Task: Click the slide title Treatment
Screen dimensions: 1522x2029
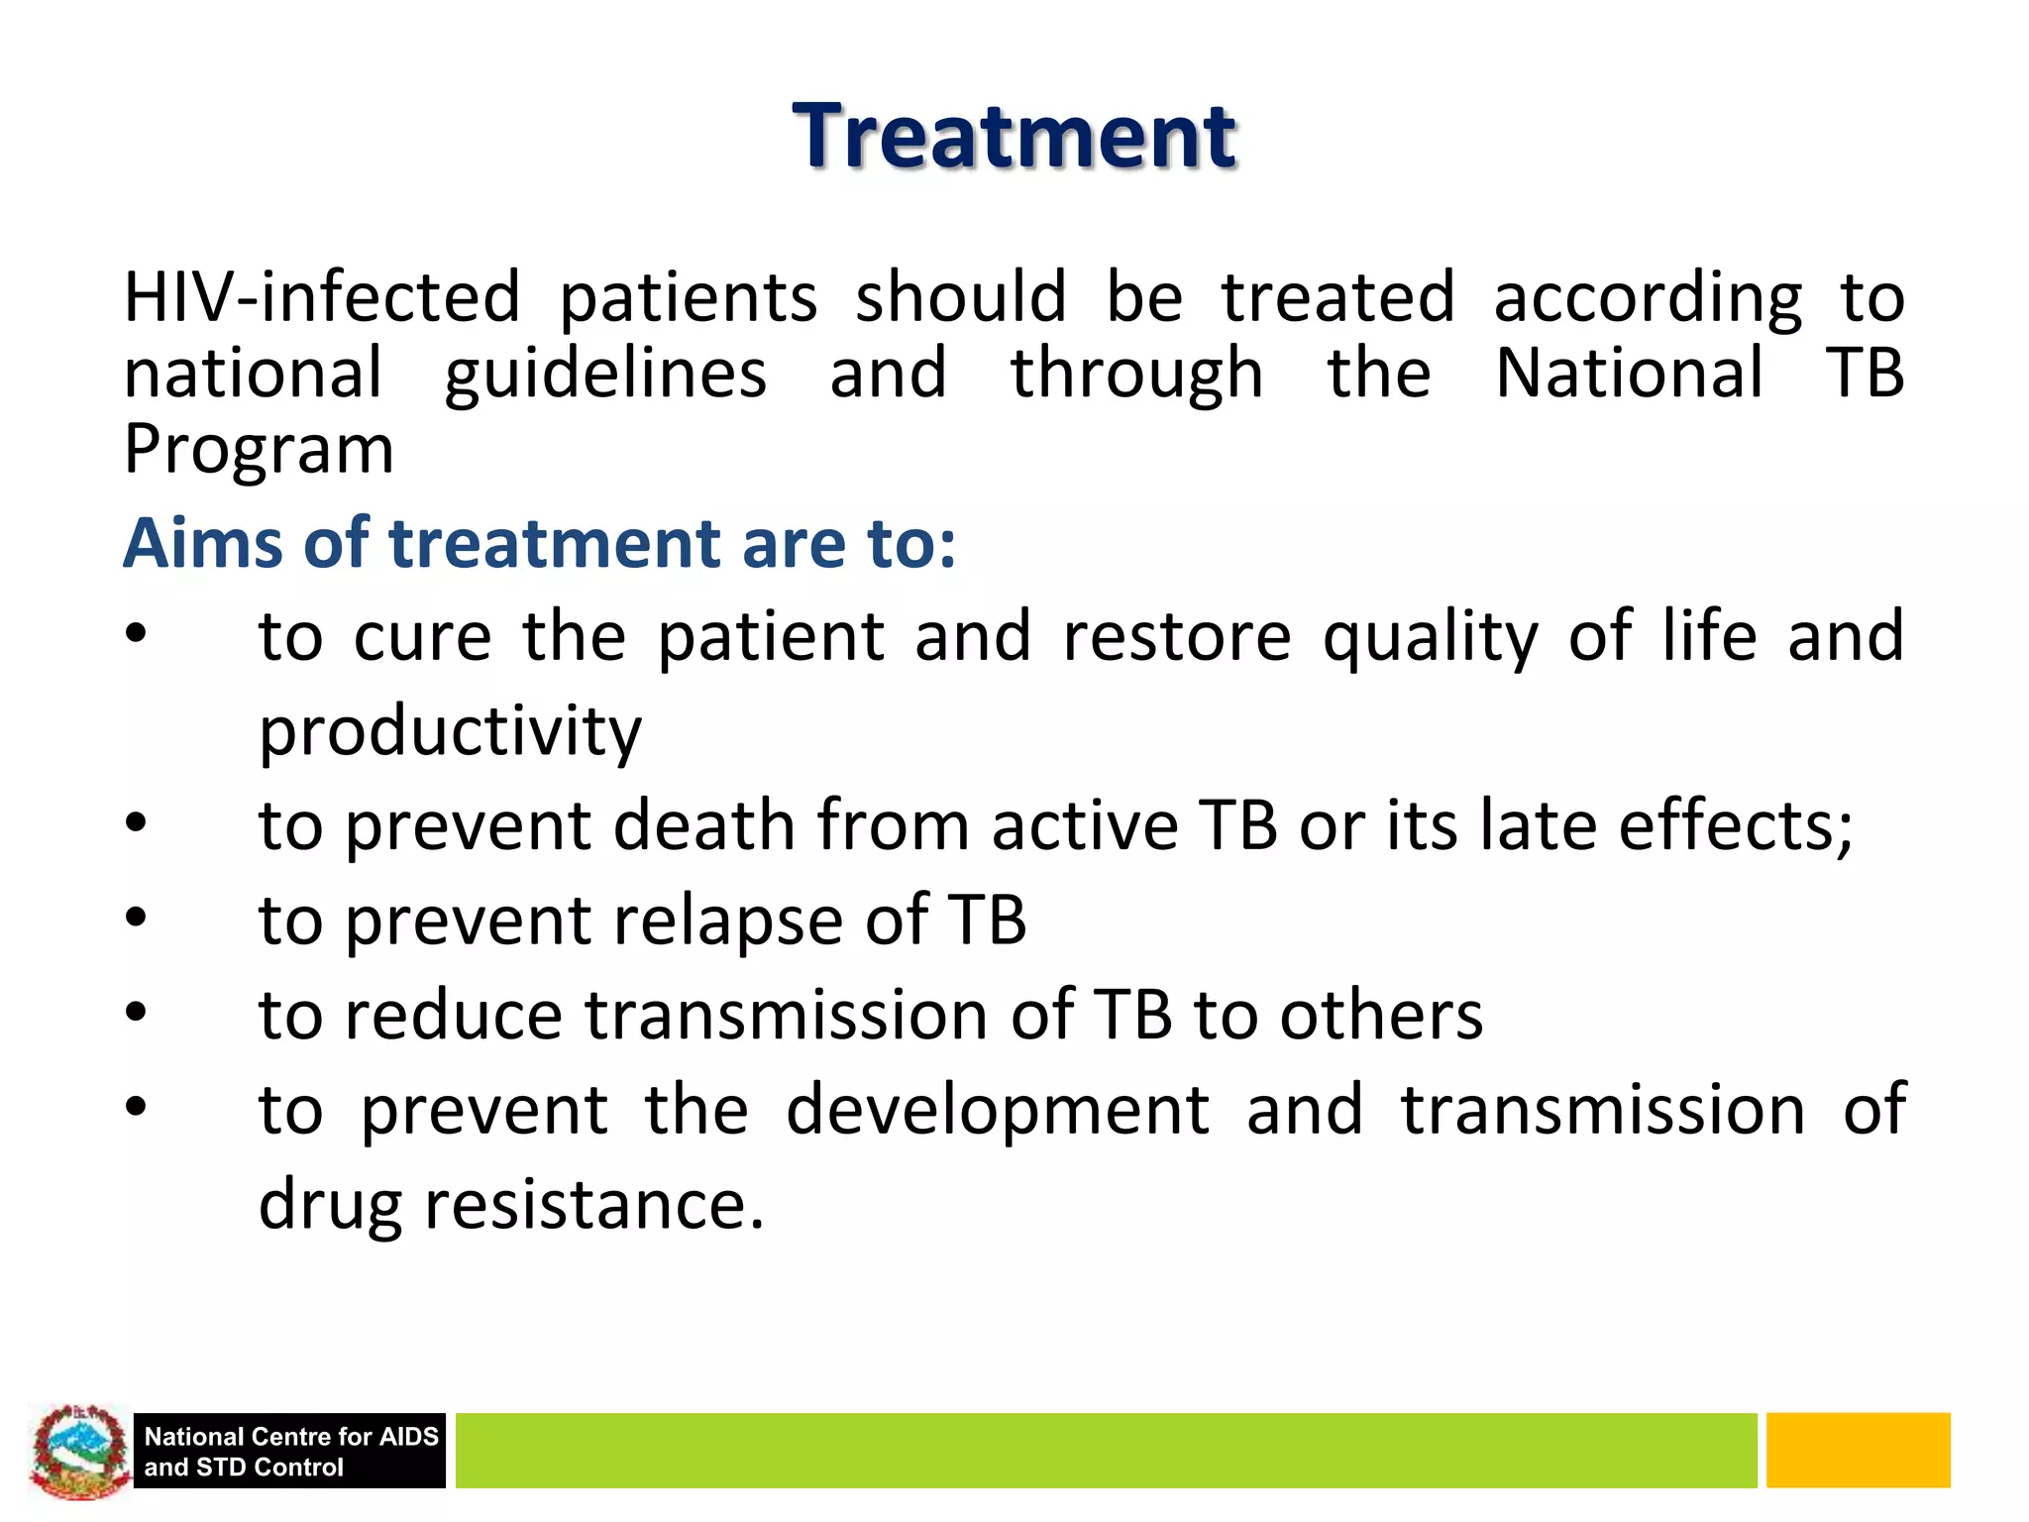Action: point(1014,136)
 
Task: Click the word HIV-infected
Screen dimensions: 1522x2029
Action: point(322,296)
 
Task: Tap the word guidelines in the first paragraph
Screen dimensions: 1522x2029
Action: point(605,374)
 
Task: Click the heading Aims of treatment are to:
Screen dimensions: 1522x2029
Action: point(540,544)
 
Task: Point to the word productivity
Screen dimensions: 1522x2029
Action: point(450,730)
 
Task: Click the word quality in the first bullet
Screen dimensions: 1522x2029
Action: point(1430,636)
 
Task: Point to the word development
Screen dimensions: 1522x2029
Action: point(997,1110)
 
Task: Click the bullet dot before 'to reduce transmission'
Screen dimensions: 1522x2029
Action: point(137,1013)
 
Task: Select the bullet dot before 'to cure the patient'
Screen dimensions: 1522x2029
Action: point(137,634)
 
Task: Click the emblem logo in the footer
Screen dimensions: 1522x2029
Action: point(79,1450)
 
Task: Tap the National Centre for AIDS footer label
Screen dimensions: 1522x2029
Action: point(290,1451)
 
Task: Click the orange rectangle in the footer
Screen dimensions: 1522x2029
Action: point(1858,1450)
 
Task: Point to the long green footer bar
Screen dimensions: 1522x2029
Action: point(1105,1450)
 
